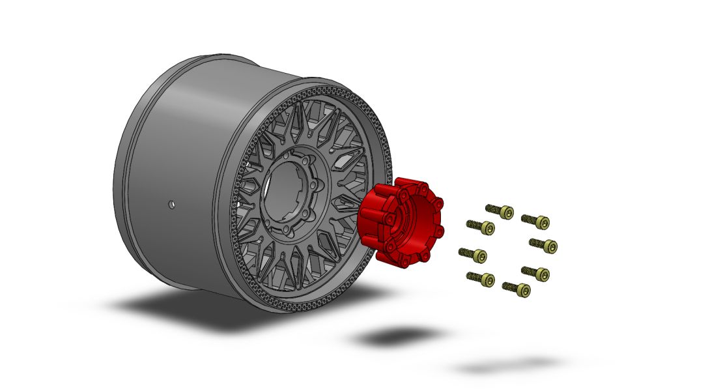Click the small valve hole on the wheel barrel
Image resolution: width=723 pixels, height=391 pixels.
(172, 204)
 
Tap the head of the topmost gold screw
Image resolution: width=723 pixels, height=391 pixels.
(506, 213)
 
